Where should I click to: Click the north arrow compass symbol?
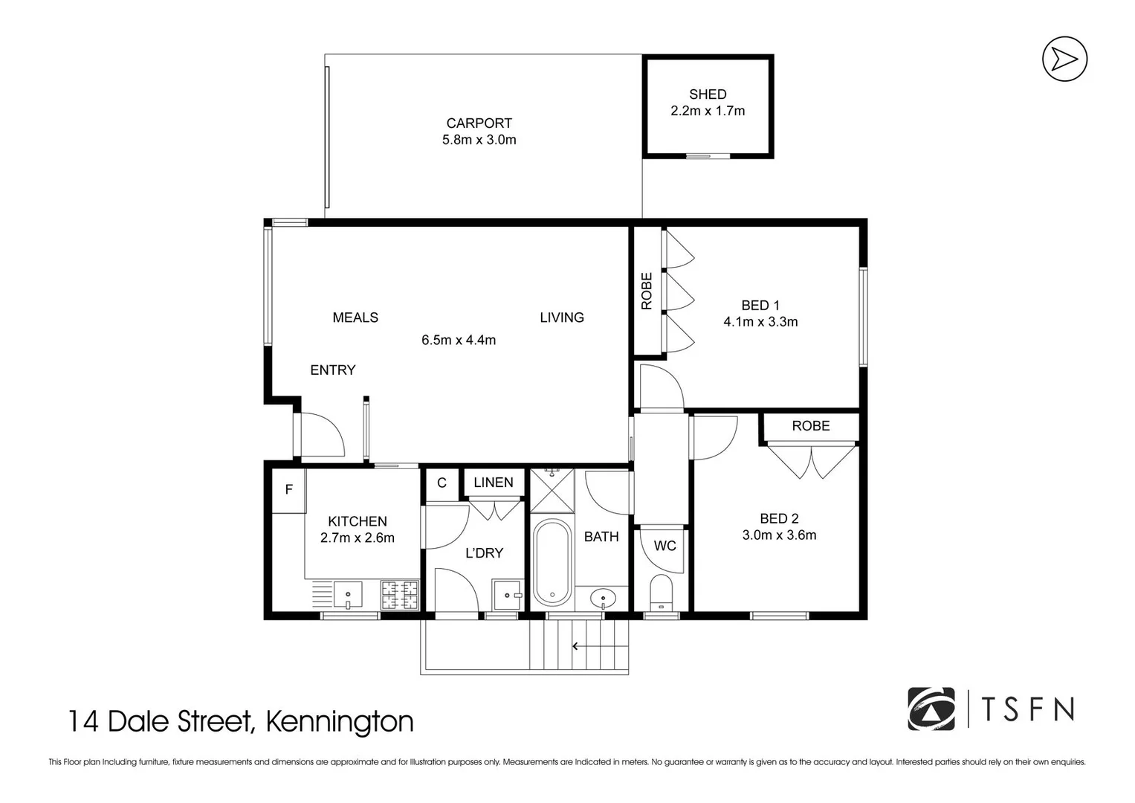[x=1064, y=59]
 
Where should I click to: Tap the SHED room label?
[x=707, y=94]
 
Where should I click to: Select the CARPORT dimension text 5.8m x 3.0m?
[x=479, y=140]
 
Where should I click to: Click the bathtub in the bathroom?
[x=552, y=562]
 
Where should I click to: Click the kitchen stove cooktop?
[x=400, y=595]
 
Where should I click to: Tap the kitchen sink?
[x=347, y=594]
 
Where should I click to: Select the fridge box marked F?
[x=288, y=489]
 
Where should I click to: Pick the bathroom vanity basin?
[x=602, y=597]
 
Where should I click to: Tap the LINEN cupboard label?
[x=494, y=483]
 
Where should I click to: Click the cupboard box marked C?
[x=442, y=483]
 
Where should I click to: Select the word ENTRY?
[x=332, y=370]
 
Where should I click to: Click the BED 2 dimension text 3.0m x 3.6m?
[x=779, y=535]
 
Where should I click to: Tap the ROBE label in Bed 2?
[x=810, y=426]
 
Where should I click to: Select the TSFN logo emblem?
[x=931, y=709]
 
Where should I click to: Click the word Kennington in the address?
[x=340, y=721]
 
